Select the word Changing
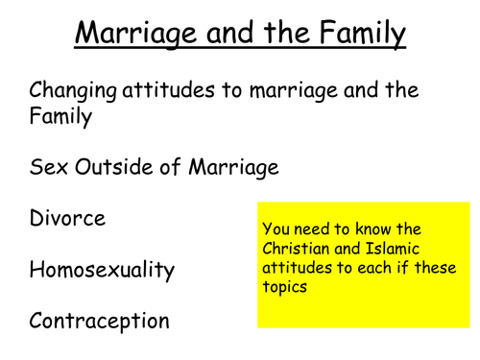pos(73,92)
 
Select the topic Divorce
pos(67,218)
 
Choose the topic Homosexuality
pos(103,270)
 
